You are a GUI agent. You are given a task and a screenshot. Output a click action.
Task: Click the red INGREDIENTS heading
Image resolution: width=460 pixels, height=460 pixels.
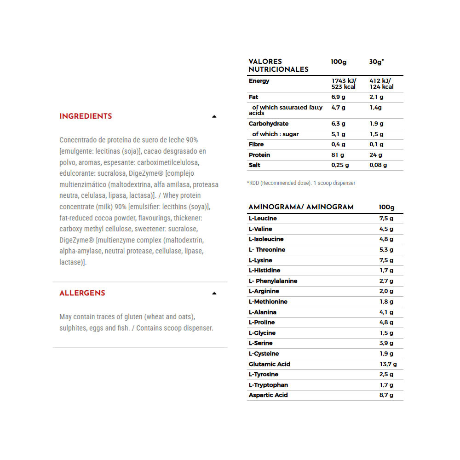86,116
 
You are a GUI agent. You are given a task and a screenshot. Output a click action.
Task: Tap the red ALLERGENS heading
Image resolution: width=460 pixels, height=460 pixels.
82,293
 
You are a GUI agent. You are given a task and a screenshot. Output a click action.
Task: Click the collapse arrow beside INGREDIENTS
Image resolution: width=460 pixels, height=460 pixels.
214,117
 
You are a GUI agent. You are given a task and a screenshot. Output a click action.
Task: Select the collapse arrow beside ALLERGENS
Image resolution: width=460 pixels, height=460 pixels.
214,293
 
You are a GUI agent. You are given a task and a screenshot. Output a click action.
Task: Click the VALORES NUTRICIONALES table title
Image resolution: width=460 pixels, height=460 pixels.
278,65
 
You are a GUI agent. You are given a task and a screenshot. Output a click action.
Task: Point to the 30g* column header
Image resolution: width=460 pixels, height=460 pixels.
376,62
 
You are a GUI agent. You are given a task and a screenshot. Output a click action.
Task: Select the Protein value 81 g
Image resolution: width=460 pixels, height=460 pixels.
338,155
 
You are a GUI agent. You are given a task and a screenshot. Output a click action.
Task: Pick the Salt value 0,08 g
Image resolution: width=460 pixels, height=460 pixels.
378,165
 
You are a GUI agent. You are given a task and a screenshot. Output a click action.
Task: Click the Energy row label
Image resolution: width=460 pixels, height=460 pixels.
259,81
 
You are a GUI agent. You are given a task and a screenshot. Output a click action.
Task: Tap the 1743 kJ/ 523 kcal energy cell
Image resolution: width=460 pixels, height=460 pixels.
344,84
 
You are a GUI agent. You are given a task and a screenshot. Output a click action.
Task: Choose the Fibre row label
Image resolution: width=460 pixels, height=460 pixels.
256,144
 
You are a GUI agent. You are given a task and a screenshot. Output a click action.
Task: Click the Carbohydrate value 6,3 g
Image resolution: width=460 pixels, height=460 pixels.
338,124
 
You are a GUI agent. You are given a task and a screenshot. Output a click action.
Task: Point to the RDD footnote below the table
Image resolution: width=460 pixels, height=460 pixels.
301,183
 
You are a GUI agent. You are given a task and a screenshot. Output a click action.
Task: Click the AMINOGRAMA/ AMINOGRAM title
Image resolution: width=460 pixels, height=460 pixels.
301,207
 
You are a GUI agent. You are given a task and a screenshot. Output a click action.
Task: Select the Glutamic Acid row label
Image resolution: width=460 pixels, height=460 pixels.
270,364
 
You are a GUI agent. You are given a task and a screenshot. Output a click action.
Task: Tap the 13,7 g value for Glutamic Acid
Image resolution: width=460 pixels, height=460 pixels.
388,364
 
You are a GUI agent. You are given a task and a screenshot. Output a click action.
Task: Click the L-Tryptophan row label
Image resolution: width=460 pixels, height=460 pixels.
268,385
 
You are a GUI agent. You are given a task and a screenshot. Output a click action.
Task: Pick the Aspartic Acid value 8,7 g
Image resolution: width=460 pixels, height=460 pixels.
386,395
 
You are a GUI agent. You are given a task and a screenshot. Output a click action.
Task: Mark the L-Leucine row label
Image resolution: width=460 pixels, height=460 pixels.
263,218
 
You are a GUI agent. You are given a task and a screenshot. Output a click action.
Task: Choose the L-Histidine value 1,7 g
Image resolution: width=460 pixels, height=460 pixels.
386,270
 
